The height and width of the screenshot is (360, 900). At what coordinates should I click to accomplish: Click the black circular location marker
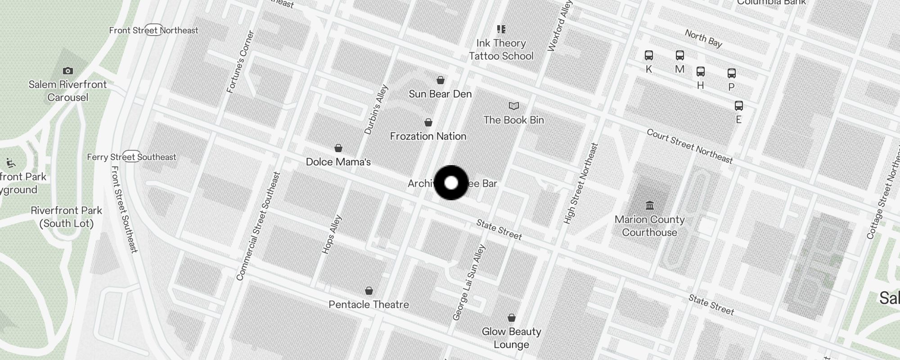tap(451, 183)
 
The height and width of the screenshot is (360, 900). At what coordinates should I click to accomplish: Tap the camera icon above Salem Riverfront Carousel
tap(68, 71)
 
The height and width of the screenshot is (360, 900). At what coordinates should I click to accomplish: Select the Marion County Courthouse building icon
tap(650, 206)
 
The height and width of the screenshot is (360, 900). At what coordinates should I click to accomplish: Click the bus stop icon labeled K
tap(649, 55)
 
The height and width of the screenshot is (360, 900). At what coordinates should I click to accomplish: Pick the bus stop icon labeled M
tap(680, 55)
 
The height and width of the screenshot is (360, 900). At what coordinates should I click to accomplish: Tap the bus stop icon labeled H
tap(701, 72)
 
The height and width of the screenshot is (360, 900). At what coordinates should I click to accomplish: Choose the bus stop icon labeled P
tap(732, 73)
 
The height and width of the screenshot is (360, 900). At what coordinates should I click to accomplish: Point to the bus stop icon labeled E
tap(739, 106)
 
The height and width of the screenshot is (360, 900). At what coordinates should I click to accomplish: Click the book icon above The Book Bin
tap(514, 106)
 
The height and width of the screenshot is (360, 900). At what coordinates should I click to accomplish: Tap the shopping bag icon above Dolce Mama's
tap(338, 148)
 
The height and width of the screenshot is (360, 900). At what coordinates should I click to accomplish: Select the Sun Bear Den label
tap(440, 94)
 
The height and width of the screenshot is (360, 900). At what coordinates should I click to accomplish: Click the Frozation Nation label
tap(428, 136)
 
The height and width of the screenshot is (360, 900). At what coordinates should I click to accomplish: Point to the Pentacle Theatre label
tap(369, 305)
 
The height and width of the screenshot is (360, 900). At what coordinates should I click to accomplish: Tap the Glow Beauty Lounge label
tap(511, 338)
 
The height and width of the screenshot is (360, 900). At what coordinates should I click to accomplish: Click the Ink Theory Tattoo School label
tap(501, 49)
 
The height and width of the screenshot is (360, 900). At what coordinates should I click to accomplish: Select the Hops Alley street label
tap(332, 234)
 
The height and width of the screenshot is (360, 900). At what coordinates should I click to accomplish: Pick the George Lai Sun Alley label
tap(469, 283)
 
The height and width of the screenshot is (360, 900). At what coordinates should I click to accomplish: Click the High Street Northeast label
tap(581, 184)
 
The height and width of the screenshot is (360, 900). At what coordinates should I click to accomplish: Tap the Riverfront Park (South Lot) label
tap(67, 217)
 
